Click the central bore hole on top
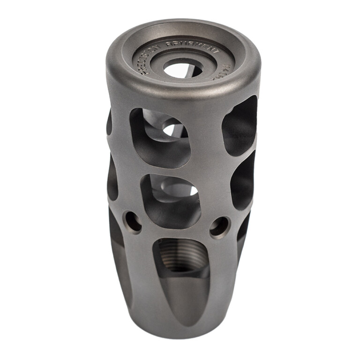(182, 70)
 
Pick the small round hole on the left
(132, 222)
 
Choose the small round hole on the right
(219, 227)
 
